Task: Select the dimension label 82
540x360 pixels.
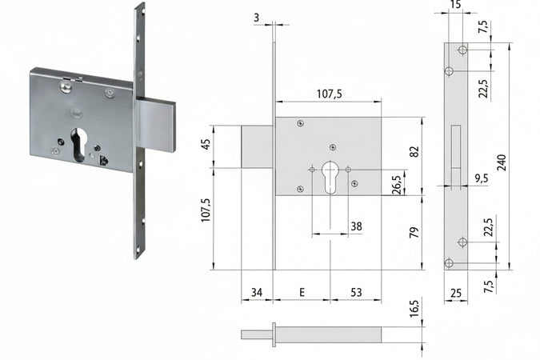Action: tap(414, 152)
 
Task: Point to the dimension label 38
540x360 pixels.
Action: tap(356, 226)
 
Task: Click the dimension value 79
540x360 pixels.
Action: tap(414, 233)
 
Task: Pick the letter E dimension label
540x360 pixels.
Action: tap(302, 293)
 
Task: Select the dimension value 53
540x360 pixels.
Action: tap(355, 293)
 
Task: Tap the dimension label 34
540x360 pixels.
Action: tap(257, 293)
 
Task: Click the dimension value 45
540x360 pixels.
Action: tap(205, 146)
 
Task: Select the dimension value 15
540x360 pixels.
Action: tap(456, 6)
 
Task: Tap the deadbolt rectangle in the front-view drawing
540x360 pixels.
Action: tap(258, 146)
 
